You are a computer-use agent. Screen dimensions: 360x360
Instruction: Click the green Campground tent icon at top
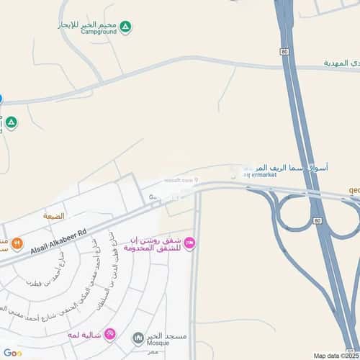pos(126,27)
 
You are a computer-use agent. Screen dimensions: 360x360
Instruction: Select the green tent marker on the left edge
pos(12,123)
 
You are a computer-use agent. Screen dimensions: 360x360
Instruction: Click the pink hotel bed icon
pos(190,243)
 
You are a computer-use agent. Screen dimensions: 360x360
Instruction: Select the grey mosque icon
pos(138,338)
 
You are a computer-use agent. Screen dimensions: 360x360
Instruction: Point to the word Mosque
pos(161,343)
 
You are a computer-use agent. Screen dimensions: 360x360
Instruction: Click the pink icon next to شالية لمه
pos(109,334)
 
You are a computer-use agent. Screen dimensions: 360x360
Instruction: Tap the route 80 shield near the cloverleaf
pos(317,221)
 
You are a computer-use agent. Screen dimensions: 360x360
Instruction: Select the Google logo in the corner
pos(12,353)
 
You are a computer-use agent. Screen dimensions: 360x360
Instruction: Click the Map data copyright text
pos(335,355)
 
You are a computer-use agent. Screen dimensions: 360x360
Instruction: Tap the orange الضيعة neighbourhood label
pos(53,216)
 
